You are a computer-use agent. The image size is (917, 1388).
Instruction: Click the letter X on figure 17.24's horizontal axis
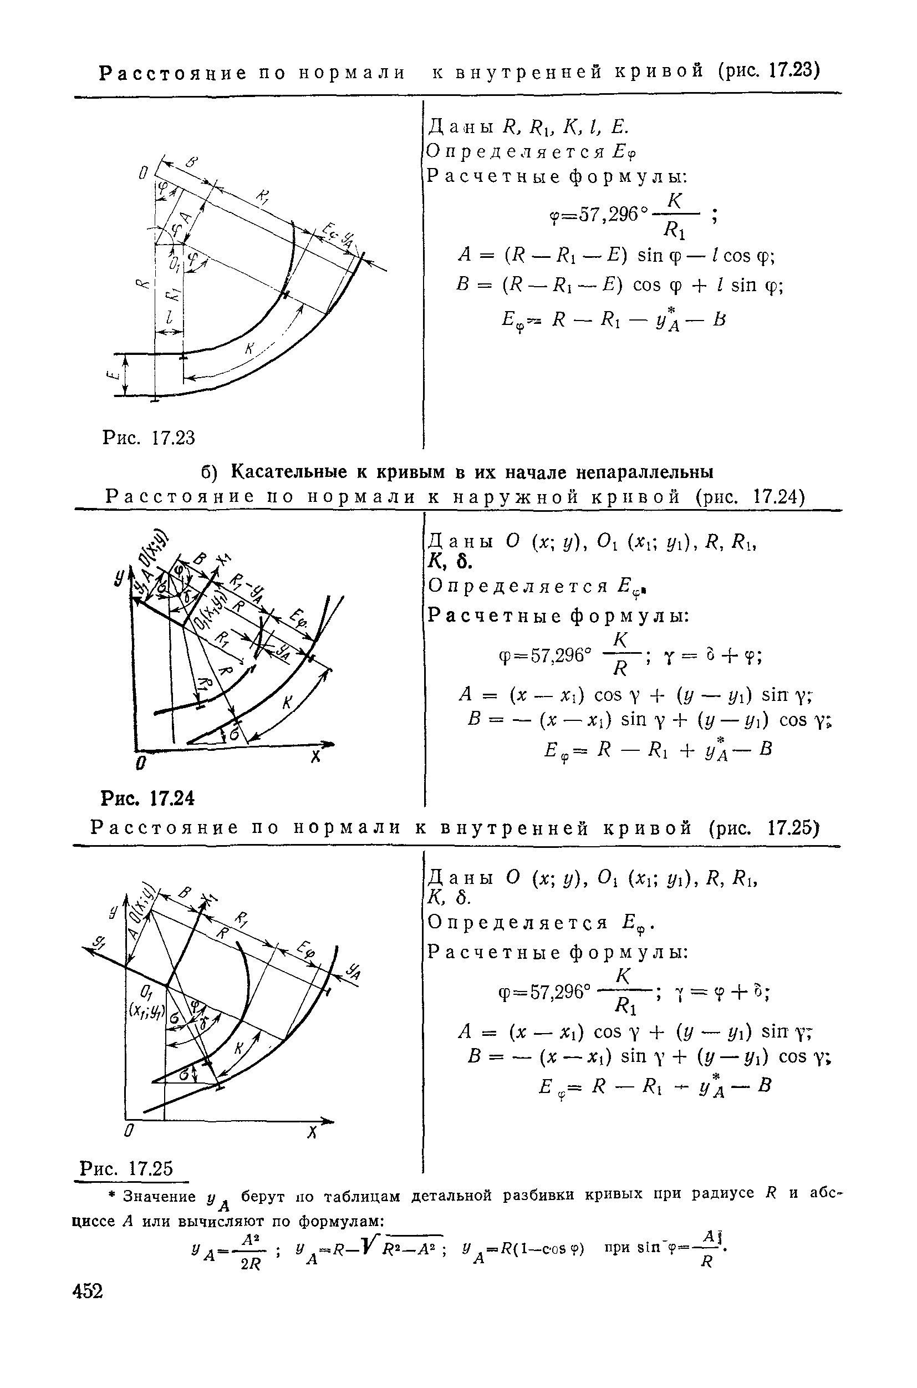[x=316, y=757]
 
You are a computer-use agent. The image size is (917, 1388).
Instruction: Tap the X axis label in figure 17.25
[x=312, y=1131]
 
